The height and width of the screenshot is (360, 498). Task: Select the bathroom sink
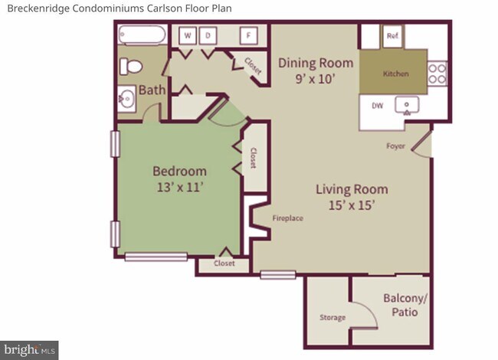tap(128, 98)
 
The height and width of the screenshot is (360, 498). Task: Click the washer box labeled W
tap(188, 35)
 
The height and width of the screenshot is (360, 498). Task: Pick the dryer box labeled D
tap(208, 35)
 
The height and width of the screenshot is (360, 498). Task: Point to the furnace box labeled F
tap(248, 35)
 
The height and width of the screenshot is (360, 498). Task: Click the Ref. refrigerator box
tap(392, 36)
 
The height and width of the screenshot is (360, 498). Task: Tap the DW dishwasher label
tap(377, 106)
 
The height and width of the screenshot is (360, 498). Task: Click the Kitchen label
tap(396, 74)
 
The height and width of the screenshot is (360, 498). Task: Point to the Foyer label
tap(396, 145)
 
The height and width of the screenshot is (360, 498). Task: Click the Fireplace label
tap(288, 218)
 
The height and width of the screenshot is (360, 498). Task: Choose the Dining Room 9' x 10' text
tap(316, 70)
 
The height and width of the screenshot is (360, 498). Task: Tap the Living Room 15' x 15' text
tap(352, 197)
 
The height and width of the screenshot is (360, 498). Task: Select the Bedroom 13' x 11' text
tap(179, 178)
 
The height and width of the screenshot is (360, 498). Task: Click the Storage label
tap(333, 317)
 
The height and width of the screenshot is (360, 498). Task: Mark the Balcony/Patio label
tap(404, 306)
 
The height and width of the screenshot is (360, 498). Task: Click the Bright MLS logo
tap(29, 350)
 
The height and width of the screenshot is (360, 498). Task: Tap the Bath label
tap(152, 90)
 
